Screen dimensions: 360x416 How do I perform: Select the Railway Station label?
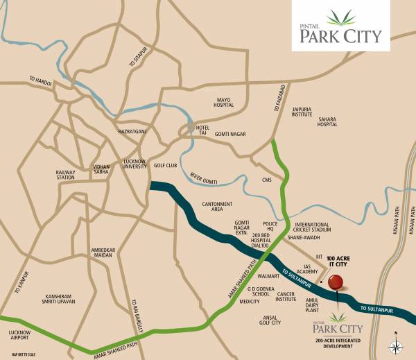pyautogui.click(x=65, y=174)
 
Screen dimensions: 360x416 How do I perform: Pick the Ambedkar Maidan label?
pyautogui.click(x=102, y=252)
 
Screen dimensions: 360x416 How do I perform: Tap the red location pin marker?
pyautogui.click(x=336, y=282)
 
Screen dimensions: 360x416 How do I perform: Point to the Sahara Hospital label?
pyautogui.click(x=327, y=122)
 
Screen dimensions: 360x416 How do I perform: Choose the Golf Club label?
pyautogui.click(x=165, y=166)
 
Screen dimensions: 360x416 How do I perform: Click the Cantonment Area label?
pyautogui.click(x=217, y=205)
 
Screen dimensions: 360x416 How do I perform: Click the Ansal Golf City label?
pyautogui.click(x=270, y=320)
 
